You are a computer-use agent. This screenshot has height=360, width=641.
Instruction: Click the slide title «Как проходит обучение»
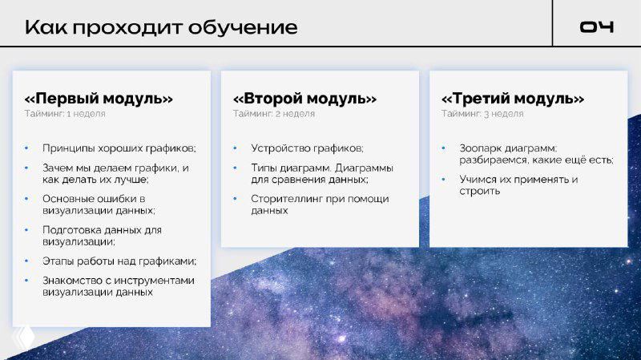coord(161,27)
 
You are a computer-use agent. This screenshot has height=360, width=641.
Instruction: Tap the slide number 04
coord(597,27)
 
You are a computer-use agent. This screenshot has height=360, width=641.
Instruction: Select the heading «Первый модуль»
coord(99,99)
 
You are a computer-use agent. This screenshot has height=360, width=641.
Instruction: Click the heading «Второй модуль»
coord(304,99)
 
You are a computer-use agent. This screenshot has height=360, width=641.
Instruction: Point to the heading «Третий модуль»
coord(513,99)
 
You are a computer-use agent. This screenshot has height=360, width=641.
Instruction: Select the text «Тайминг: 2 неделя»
coord(273,114)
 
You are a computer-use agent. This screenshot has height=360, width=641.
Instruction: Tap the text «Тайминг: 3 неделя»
coord(482,114)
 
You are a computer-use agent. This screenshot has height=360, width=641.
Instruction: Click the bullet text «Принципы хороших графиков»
coord(119,148)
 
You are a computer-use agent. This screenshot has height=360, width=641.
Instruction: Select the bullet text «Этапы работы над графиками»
coord(119,261)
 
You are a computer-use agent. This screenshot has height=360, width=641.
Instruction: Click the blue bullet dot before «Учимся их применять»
coord(443,180)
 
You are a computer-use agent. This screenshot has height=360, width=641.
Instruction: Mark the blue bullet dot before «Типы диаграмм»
coord(234,168)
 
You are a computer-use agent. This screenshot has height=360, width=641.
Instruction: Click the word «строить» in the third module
coord(480,192)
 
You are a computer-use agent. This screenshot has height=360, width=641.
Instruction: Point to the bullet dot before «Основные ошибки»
coord(26,198)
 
